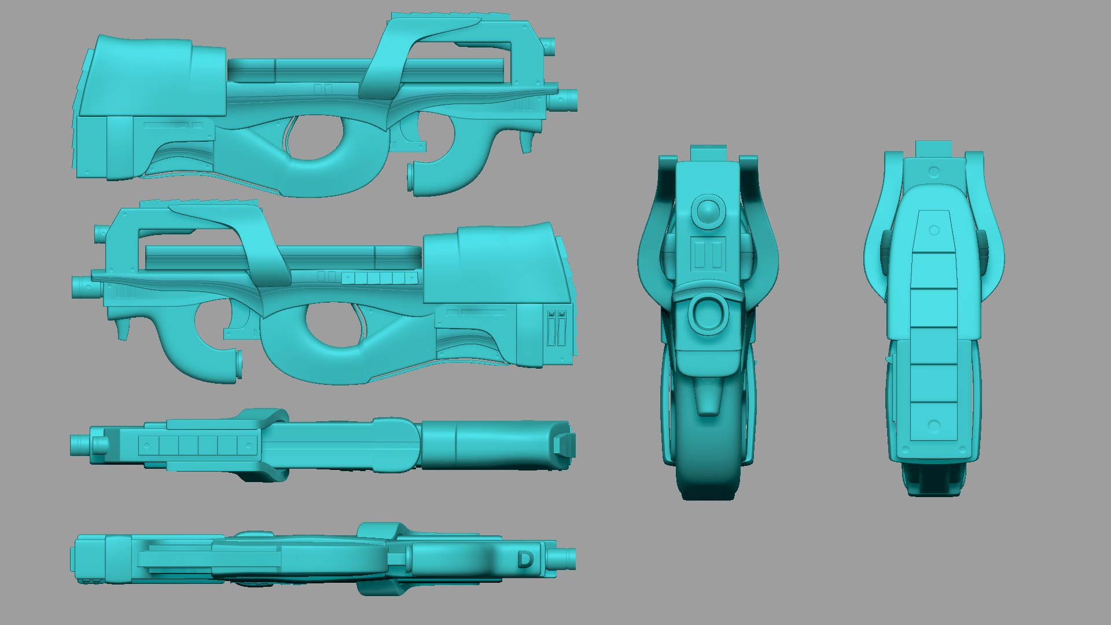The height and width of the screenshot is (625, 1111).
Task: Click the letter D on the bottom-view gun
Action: (x=524, y=560)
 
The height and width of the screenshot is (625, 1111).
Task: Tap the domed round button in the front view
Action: (x=707, y=212)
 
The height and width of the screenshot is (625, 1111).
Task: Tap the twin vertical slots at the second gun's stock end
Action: (x=556, y=328)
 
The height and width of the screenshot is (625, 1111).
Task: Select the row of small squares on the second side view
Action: (x=379, y=278)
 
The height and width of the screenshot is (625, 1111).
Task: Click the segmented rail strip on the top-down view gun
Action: (x=197, y=445)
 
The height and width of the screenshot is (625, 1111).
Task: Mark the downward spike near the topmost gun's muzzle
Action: (x=527, y=142)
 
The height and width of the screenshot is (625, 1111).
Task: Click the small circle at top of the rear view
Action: (x=933, y=172)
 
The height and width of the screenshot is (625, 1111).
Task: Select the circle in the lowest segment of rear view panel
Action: (x=933, y=426)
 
